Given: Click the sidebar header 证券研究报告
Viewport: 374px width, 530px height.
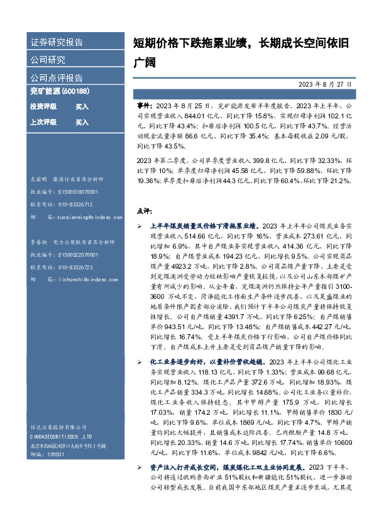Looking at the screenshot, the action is [x=57, y=43].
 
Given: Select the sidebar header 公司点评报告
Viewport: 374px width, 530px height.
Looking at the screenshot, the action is [x=57, y=77].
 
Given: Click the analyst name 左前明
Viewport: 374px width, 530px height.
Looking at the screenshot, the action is [x=39, y=179].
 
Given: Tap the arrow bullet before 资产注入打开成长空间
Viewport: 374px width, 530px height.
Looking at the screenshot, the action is [x=140, y=468].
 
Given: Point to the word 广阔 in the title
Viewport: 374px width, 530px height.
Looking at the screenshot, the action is [x=144, y=64].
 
